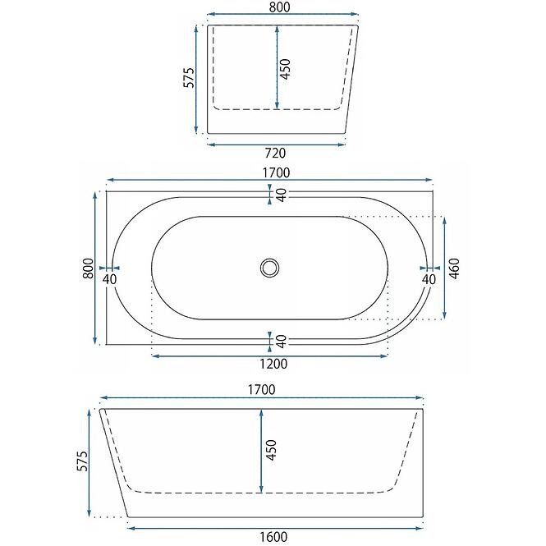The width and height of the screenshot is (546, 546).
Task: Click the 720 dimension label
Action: (x=275, y=154)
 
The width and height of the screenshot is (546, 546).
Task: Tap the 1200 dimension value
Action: (x=273, y=364)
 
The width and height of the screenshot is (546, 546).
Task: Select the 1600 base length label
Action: (x=273, y=537)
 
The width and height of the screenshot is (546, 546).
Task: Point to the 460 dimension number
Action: (x=454, y=268)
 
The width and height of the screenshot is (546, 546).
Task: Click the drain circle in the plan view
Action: (x=269, y=268)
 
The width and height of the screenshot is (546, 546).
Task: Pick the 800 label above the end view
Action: (x=280, y=7)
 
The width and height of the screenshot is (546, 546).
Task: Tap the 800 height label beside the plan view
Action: (x=89, y=268)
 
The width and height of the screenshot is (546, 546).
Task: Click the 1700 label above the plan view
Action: (x=276, y=172)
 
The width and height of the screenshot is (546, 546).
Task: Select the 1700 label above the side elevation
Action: (x=262, y=390)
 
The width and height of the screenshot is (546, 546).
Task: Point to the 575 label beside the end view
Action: (x=189, y=78)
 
